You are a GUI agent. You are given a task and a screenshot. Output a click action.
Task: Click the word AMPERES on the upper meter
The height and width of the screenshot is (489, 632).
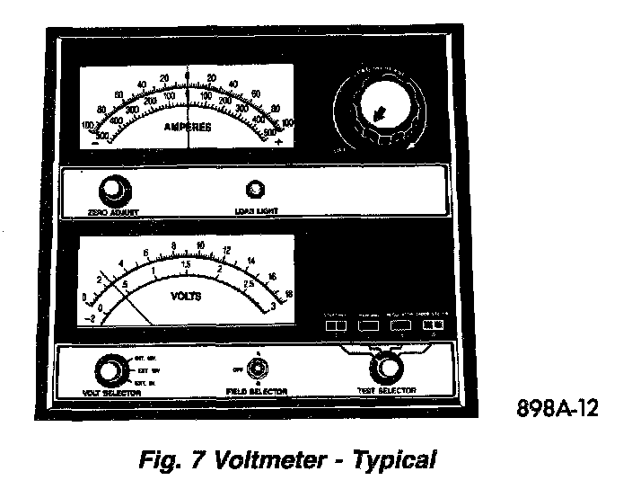click(x=187, y=128)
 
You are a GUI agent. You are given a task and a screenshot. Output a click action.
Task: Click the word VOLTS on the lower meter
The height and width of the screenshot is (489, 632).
click(x=186, y=294)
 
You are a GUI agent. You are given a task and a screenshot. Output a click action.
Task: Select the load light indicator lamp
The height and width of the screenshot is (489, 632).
click(x=256, y=189)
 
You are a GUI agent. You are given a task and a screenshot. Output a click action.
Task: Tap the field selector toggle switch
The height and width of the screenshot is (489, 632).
click(x=258, y=369)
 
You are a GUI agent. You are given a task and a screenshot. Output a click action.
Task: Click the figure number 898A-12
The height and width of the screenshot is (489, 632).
click(x=557, y=407)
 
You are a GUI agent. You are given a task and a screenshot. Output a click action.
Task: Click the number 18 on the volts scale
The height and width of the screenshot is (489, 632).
click(x=288, y=293)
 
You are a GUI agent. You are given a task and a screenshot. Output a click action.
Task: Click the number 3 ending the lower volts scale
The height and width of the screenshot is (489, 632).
click(x=272, y=308)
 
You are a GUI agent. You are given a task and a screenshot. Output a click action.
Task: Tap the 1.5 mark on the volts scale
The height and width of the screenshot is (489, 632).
click(x=185, y=264)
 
